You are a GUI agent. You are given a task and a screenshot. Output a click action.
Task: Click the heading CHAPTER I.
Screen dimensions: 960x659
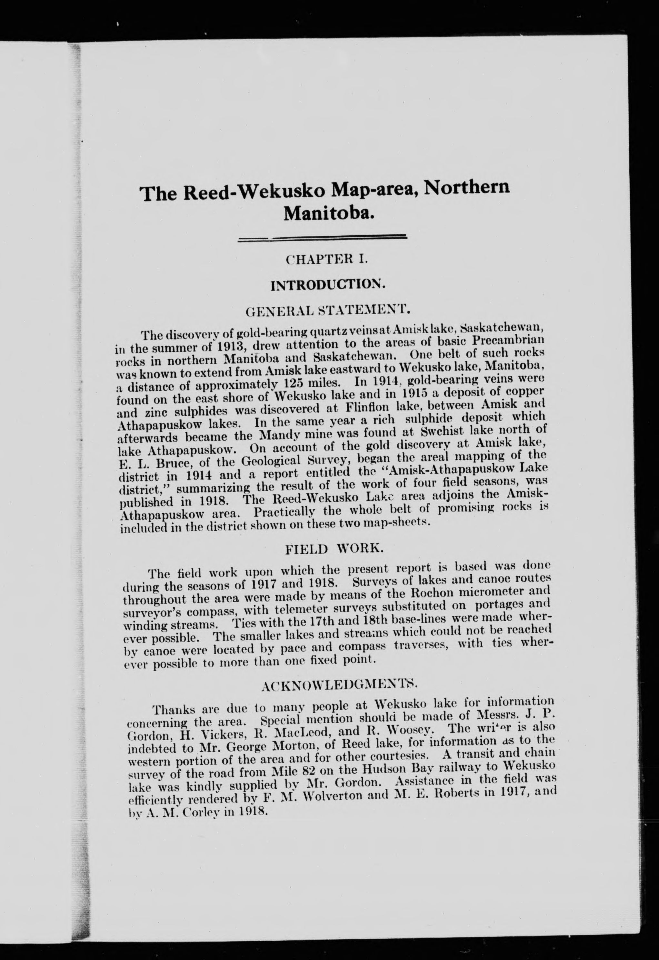[326, 260]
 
